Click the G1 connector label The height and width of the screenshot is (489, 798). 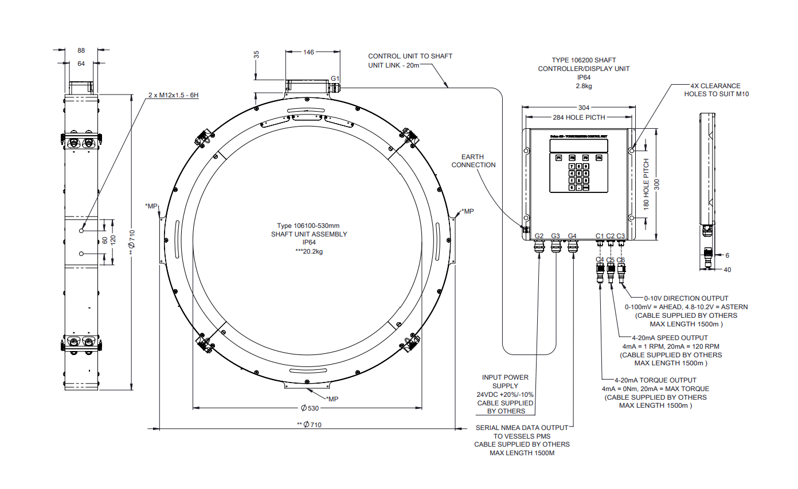tap(335, 78)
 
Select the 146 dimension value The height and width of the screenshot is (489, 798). tap(308, 52)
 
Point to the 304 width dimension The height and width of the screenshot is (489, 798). tap(584, 107)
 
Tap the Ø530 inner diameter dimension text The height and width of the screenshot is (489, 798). tap(309, 408)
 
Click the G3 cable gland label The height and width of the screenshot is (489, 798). tap(556, 236)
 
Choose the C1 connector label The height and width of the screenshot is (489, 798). tap(600, 236)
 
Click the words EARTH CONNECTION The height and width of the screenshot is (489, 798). tap(474, 161)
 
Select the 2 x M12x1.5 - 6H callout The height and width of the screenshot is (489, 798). tap(173, 94)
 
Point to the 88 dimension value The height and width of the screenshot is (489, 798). tap(81, 50)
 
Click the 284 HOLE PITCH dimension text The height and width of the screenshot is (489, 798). tap(578, 117)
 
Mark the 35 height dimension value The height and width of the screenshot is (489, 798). tap(256, 55)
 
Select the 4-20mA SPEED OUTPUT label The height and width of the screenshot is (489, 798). tap(669, 338)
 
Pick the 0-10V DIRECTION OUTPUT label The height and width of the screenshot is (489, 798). tap(686, 298)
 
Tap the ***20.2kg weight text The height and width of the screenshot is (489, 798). tap(309, 251)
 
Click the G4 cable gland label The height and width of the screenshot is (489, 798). tap(572, 236)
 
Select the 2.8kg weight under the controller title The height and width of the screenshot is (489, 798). tap(584, 86)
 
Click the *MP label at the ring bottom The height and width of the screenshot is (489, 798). tap(332, 399)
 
